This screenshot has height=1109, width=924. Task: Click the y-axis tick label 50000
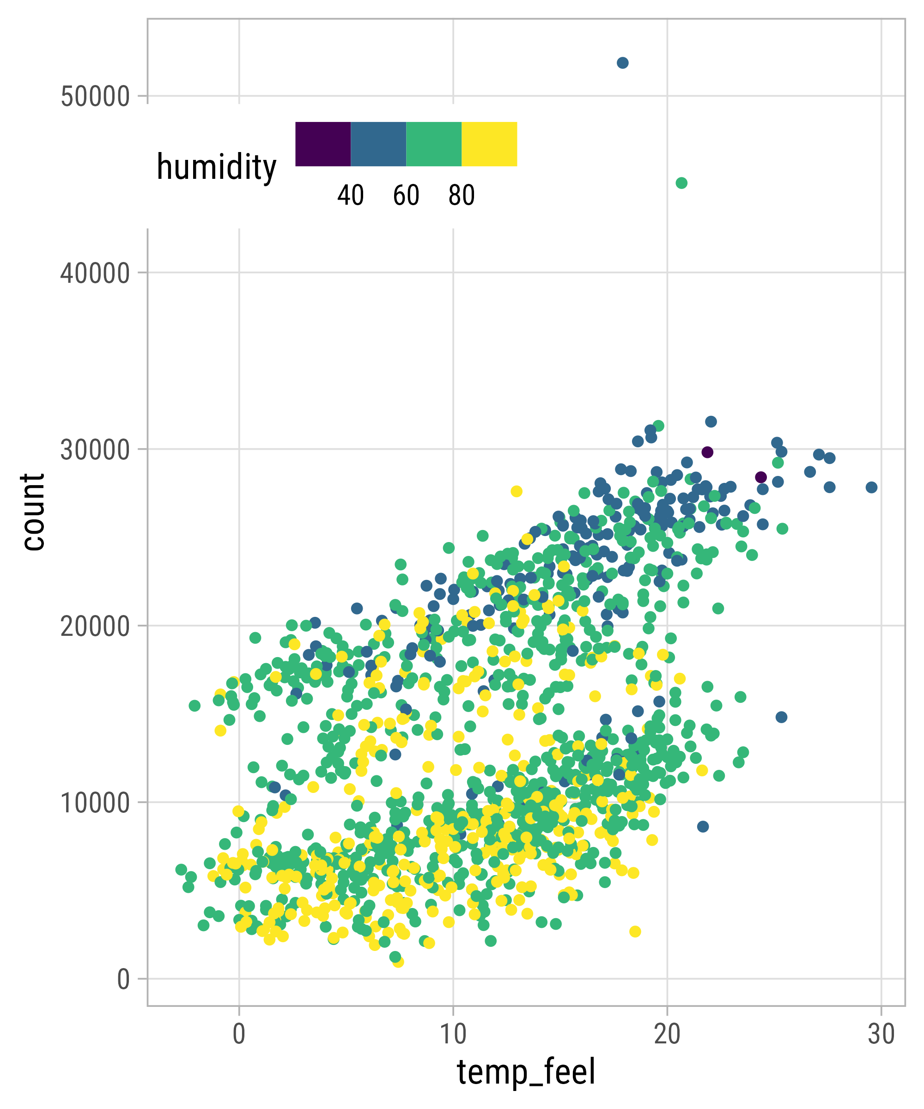coord(95,97)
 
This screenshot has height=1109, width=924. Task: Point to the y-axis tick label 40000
coord(95,273)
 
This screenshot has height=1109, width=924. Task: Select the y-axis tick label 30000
coord(95,450)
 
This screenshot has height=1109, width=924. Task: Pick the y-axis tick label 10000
coord(95,803)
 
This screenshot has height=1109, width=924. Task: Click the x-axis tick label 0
coord(239,1034)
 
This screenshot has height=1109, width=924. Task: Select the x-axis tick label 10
coord(453,1034)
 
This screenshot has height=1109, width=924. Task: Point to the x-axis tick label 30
coord(881,1034)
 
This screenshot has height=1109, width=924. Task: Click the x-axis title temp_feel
coord(526,1072)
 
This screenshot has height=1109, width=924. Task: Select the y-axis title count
coord(33,512)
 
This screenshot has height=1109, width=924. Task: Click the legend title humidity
coord(217,167)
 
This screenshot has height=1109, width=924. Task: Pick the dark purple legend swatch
coord(322,144)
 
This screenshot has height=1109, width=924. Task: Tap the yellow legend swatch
coord(489,144)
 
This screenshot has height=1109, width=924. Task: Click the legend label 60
coord(406,195)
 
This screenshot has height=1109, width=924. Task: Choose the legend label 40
coord(351,195)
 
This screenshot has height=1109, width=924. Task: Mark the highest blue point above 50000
coord(622,63)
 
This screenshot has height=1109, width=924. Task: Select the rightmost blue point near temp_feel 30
coord(871,487)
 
